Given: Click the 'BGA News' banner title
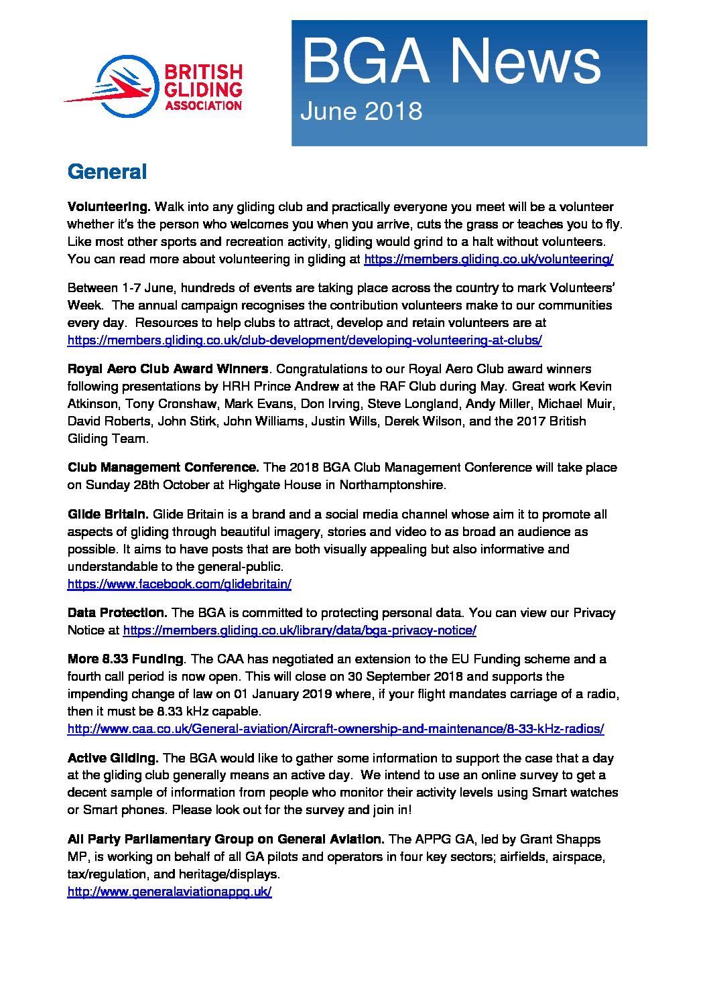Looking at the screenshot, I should (x=451, y=62).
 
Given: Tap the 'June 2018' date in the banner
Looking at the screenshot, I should (x=361, y=111).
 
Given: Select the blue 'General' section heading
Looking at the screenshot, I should (x=107, y=172).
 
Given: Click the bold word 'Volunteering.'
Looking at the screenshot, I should (x=109, y=207).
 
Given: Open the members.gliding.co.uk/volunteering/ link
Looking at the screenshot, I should (x=488, y=259).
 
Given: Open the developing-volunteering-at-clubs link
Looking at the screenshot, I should (x=304, y=340).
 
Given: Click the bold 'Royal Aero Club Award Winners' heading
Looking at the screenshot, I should (x=168, y=369).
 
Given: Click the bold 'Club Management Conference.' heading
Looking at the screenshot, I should (x=163, y=468).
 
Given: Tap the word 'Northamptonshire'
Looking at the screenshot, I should (x=392, y=485).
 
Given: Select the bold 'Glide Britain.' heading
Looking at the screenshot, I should (x=108, y=515).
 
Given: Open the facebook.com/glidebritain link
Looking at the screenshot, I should (x=179, y=584).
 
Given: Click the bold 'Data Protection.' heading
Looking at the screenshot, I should (x=117, y=613).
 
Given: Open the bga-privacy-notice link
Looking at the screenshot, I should (x=300, y=630).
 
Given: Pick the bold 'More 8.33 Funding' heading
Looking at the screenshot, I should (x=125, y=659).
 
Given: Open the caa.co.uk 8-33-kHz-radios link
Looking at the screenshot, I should (x=336, y=729).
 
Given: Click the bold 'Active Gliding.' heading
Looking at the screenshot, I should (x=113, y=758).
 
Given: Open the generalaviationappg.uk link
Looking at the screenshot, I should (x=169, y=892).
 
